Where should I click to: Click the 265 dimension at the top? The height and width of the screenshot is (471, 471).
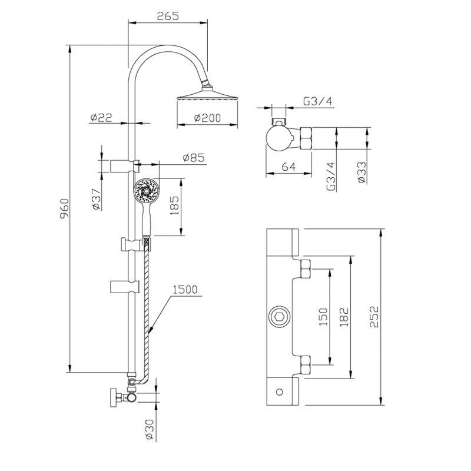coord(168,16)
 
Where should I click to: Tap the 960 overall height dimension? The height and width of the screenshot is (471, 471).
coord(65,208)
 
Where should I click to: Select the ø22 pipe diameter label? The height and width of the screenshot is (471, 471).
coord(101,117)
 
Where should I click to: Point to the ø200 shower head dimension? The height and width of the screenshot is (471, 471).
coord(208,118)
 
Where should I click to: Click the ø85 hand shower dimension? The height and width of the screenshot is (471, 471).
coord(194,158)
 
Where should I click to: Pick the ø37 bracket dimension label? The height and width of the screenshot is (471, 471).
coord(96,199)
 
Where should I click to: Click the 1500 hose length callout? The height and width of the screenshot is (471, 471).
coord(185,289)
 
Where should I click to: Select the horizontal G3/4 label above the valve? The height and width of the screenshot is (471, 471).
coord(318,101)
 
